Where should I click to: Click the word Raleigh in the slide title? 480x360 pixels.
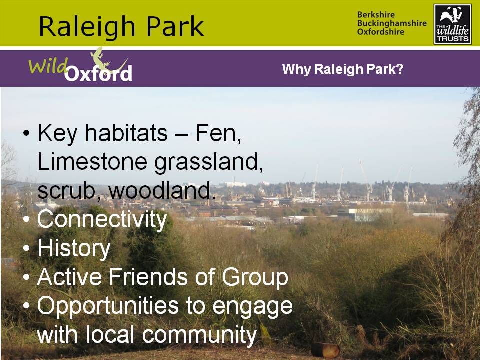(x=87, y=27)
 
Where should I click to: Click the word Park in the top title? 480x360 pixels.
(x=175, y=26)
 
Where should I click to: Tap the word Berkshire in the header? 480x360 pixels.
(x=376, y=14)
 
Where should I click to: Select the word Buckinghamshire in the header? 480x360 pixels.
(x=392, y=23)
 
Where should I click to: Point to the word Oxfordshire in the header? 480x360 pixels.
(x=381, y=32)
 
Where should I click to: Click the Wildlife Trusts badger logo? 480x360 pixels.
(x=453, y=24)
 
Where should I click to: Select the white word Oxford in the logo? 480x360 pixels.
(x=98, y=73)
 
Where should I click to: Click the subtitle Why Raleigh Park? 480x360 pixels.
(x=343, y=69)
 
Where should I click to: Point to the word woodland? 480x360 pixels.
(x=162, y=190)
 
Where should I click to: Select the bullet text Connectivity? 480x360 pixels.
(x=102, y=220)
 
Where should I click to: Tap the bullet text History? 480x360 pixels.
(x=74, y=248)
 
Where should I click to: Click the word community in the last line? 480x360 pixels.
(x=199, y=335)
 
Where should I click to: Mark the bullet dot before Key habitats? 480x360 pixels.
(x=27, y=134)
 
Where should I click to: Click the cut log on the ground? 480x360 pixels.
(x=325, y=350)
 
